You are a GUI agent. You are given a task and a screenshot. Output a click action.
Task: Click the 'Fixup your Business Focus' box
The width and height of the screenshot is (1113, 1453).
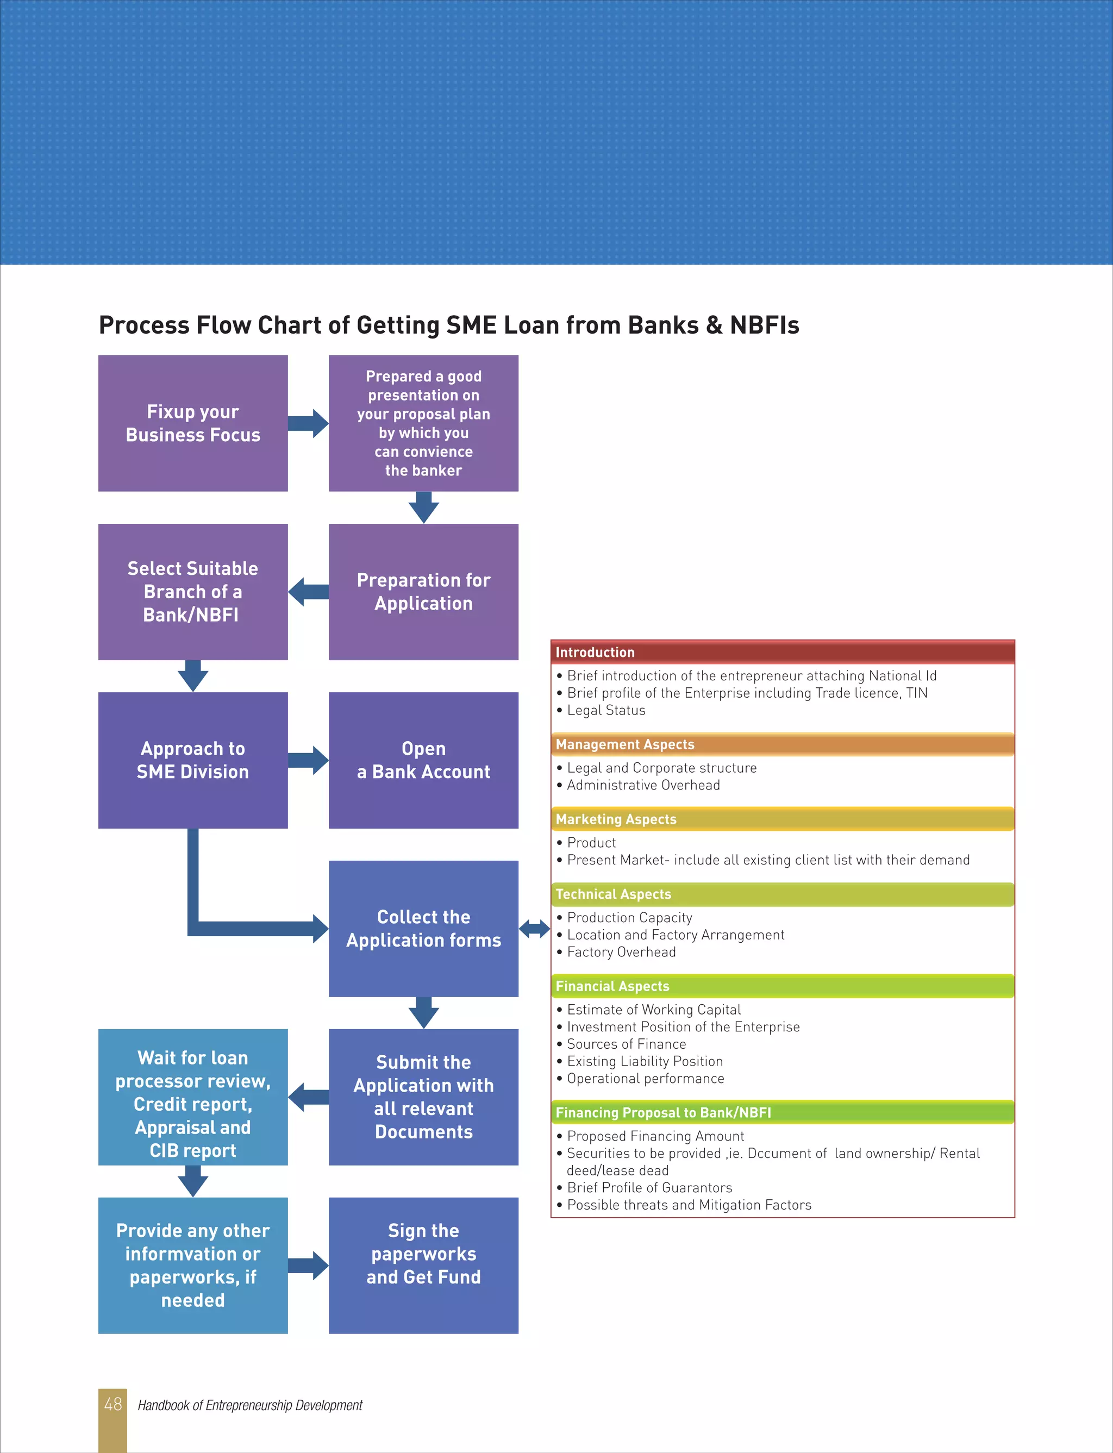coord(193,423)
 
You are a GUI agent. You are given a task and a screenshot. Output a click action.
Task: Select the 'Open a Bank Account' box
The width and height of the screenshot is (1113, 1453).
coord(423,760)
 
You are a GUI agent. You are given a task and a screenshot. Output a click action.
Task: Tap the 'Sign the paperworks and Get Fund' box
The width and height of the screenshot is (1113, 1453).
coord(423,1265)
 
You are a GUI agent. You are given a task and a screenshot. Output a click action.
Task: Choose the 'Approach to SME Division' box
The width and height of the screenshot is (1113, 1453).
coord(193,760)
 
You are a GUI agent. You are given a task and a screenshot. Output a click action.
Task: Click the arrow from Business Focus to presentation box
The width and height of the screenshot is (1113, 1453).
coord(309,423)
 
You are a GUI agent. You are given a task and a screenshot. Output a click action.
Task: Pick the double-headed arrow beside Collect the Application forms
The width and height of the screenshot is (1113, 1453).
coord(534,929)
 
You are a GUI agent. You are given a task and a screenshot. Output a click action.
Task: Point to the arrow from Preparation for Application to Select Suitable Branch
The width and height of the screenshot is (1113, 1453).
coord(308,591)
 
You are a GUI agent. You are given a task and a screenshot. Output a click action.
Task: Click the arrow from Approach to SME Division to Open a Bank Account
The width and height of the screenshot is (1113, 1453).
coord(309,760)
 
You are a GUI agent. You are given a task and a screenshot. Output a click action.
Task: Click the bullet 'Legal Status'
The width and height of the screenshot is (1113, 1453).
coord(605,710)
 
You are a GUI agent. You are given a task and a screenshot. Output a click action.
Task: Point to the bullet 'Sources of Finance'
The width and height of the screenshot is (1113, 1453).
coord(626,1044)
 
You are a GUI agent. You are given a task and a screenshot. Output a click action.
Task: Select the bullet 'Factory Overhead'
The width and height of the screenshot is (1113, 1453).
coord(621,951)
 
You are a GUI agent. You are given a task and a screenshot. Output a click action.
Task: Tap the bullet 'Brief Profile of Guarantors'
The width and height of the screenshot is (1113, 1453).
coord(649,1187)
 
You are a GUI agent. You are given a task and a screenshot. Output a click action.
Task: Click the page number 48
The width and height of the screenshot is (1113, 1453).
coord(112,1404)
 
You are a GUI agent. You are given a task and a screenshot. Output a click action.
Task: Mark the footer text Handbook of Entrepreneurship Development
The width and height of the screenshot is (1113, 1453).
coord(250,1405)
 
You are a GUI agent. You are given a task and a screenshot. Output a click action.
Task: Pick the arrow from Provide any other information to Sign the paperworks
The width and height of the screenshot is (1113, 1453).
coord(309,1265)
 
